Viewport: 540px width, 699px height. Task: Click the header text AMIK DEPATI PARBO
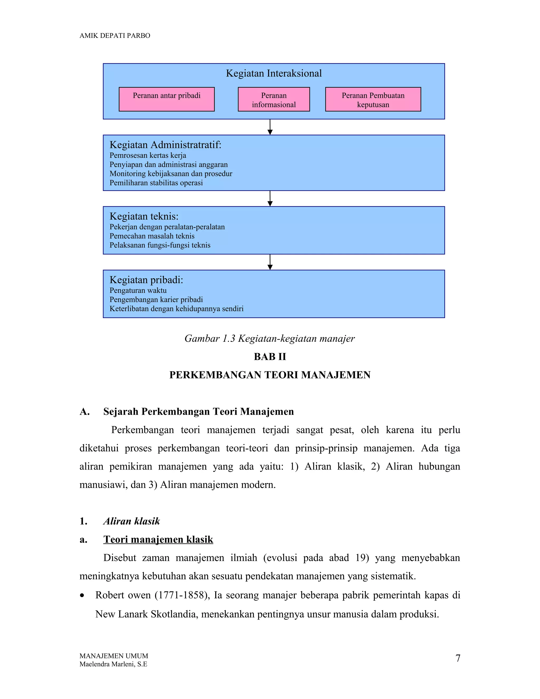(x=114, y=36)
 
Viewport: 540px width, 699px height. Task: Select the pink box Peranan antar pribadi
(x=166, y=99)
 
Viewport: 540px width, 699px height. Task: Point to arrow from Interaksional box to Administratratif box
(x=270, y=127)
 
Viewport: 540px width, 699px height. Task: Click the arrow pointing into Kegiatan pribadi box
(x=270, y=262)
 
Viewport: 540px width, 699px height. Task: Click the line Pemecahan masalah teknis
(x=152, y=236)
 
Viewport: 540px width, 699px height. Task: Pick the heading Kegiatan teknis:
(x=144, y=216)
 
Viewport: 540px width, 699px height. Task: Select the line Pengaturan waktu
(x=138, y=290)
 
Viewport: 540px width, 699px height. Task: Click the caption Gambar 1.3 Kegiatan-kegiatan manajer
(x=269, y=338)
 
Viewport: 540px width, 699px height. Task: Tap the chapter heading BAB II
(x=270, y=357)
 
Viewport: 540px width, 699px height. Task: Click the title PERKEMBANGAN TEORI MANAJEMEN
(x=270, y=375)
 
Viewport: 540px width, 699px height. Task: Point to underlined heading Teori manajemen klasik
(x=158, y=539)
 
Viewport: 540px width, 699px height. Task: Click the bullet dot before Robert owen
(x=83, y=596)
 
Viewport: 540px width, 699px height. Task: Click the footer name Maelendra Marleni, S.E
(x=113, y=664)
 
